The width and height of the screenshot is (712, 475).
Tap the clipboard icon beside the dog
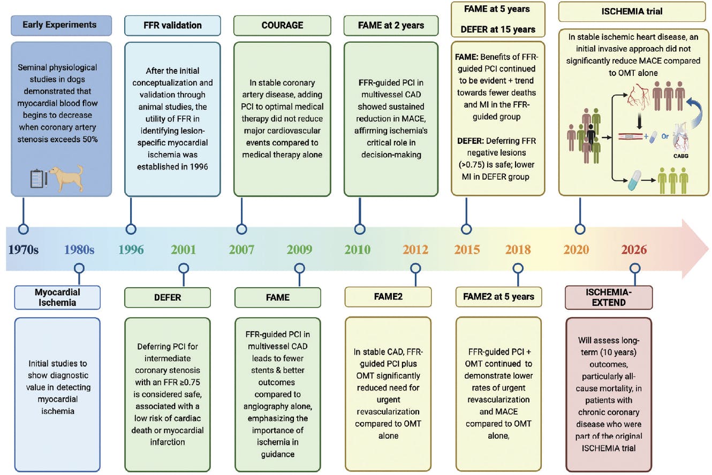click(x=39, y=179)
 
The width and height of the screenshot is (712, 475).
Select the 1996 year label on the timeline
click(x=131, y=250)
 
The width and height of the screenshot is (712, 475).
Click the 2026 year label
click(x=634, y=250)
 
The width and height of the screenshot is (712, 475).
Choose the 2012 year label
click(x=415, y=250)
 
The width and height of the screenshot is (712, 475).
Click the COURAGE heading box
click(x=282, y=26)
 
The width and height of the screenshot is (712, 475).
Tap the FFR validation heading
click(x=172, y=26)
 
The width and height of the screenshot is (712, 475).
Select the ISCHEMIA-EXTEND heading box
click(x=609, y=297)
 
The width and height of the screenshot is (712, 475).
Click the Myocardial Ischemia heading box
click(x=57, y=297)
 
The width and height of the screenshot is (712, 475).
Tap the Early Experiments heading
click(x=61, y=25)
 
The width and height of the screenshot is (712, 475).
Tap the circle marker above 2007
click(x=241, y=229)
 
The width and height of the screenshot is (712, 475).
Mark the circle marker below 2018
click(x=517, y=268)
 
